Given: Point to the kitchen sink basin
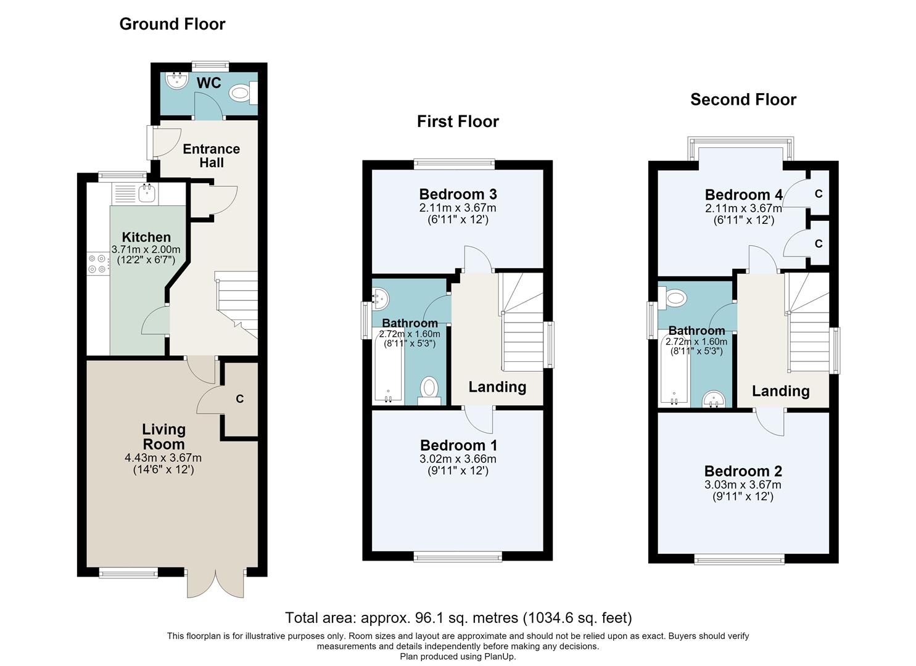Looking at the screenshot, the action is (146, 194).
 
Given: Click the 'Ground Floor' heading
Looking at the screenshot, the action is (172, 24).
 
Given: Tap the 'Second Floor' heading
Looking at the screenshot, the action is (743, 99).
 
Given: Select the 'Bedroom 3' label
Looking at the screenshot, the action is (458, 194).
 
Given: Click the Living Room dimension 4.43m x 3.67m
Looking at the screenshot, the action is (163, 458).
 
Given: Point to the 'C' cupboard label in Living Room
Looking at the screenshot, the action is (239, 398).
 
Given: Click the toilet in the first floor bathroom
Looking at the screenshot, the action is (429, 391).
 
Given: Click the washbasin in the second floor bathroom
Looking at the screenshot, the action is (714, 399).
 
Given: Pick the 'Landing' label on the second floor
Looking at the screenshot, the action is (781, 391).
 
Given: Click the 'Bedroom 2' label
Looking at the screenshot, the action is (743, 471).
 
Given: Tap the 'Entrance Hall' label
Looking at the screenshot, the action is (212, 156).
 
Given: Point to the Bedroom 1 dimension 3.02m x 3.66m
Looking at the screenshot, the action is (458, 459).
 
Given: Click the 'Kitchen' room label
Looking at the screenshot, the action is (146, 237).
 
